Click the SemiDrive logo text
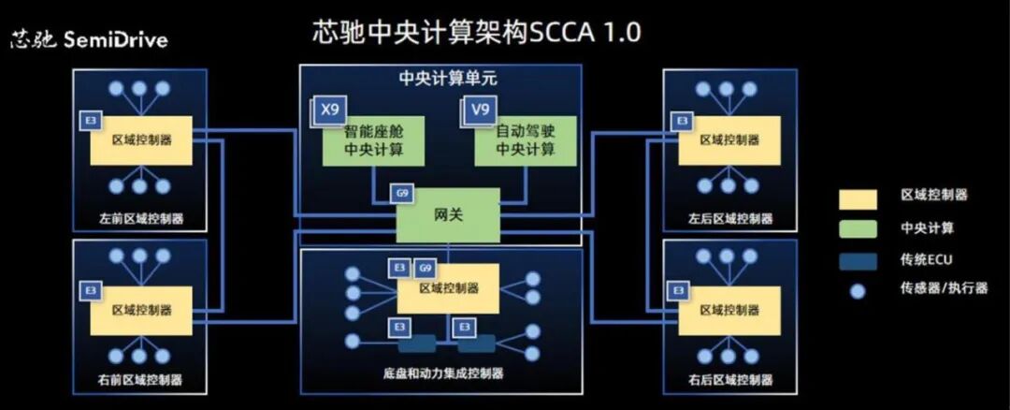(89, 40)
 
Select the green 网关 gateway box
(448, 214)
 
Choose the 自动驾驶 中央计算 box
(525, 141)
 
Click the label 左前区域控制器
(140, 219)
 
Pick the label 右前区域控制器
(140, 380)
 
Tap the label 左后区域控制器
(730, 219)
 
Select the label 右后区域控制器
(730, 380)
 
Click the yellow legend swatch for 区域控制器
(858, 198)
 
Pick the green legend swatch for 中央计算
(858, 228)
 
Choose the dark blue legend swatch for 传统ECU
(858, 259)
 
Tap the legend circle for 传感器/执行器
(858, 290)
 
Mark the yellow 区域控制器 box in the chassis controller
(448, 289)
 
